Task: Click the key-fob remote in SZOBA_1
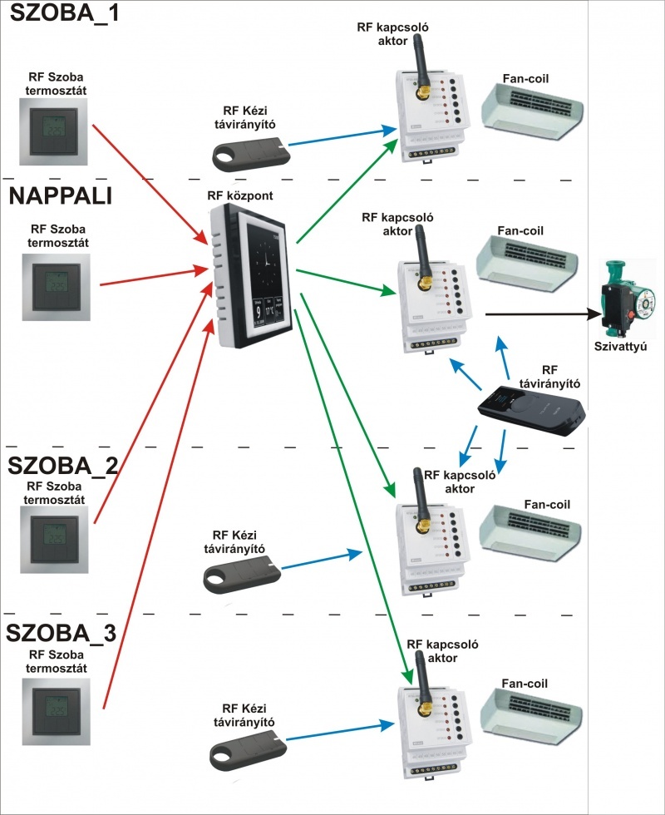(249, 153)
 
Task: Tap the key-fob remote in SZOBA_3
(242, 749)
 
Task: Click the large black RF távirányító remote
(533, 409)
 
